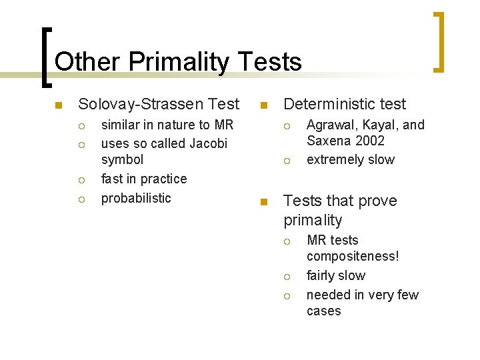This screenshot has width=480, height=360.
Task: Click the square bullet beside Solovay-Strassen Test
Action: tap(59, 105)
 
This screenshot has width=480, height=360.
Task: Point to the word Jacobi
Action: tap(209, 143)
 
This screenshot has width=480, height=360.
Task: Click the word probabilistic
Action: tap(135, 198)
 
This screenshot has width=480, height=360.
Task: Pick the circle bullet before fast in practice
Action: tap(80, 179)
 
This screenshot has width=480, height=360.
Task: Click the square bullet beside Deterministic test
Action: tap(264, 105)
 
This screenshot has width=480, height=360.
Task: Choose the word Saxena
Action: tap(327, 141)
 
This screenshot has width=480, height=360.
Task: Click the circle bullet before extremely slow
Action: tap(286, 161)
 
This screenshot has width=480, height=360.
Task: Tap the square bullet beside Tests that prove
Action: tap(264, 202)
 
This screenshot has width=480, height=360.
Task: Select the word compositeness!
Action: tap(353, 257)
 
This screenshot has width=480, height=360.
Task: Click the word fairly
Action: tap(321, 275)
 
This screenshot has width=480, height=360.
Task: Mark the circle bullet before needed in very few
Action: tap(286, 295)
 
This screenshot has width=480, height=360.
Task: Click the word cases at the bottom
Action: tap(323, 311)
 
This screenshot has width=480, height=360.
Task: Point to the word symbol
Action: tap(122, 160)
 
